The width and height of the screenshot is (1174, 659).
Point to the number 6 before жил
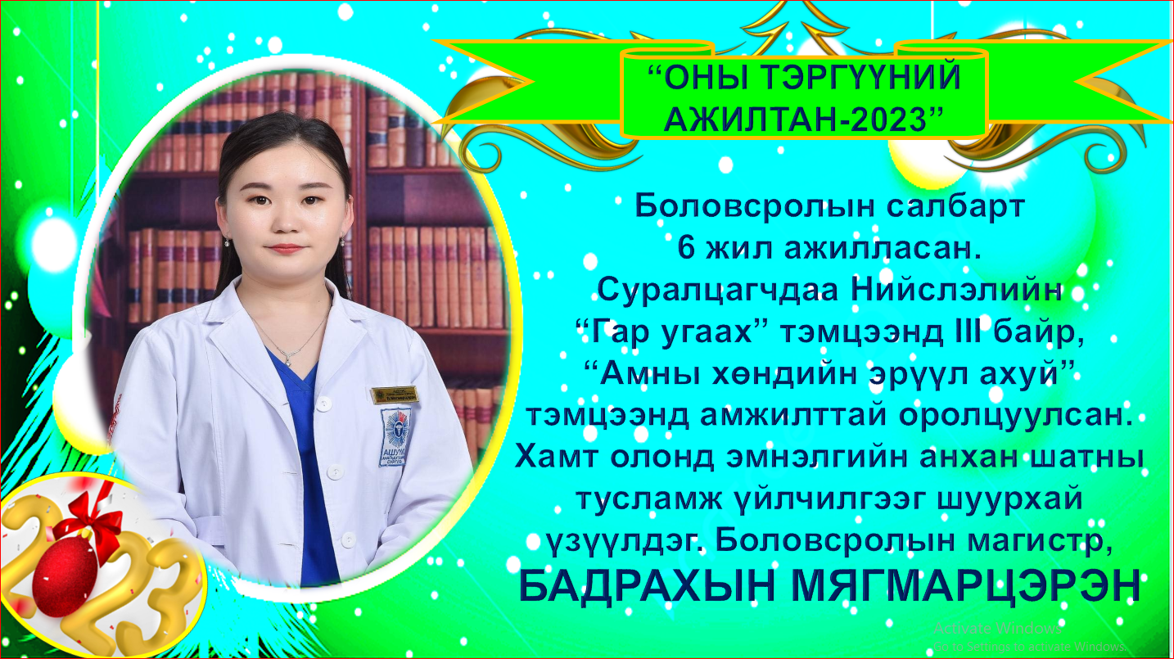(x=686, y=248)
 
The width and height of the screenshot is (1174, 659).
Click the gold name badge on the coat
(x=395, y=395)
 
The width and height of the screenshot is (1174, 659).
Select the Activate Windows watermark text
(x=996, y=629)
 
